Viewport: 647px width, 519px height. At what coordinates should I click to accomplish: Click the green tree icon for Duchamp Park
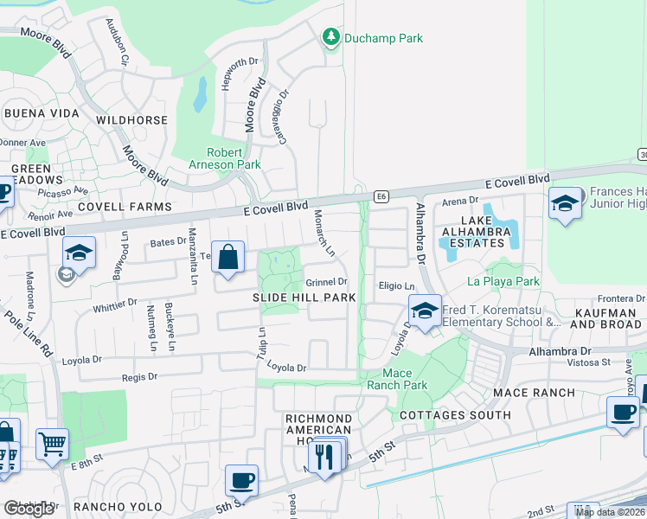coord(330,37)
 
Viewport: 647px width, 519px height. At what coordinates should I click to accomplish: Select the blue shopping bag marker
coord(227,258)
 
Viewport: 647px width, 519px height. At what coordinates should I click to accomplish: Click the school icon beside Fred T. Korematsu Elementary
coord(425,311)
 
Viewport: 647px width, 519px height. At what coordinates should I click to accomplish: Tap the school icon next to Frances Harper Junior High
coord(565,204)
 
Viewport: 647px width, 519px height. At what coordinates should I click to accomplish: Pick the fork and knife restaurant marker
coord(325,454)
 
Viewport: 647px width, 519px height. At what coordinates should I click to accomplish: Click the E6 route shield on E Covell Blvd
coord(381,197)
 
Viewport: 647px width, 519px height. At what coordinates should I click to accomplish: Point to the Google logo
coord(29,509)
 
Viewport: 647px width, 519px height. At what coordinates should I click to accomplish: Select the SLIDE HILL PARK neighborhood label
coord(303,298)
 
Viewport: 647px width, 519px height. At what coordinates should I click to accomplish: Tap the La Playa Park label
coord(503,281)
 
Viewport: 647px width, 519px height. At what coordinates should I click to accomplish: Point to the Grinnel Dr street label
coord(325,282)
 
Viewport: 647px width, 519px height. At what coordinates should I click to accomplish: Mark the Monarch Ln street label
coord(323,233)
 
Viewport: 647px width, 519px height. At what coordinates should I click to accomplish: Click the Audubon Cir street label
coord(118,43)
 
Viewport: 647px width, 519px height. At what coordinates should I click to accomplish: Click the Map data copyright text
coord(610,512)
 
